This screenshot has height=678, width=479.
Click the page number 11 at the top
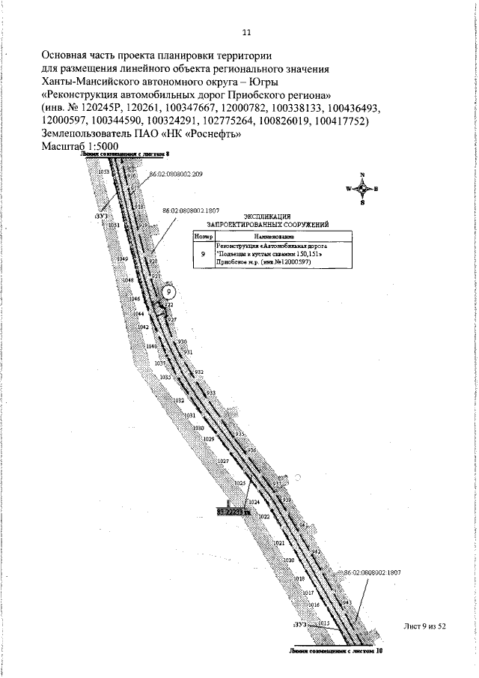tap(246, 32)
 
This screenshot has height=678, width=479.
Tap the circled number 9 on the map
tap(169, 291)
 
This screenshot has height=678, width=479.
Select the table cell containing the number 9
tap(204, 255)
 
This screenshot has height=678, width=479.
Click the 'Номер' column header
tap(204, 235)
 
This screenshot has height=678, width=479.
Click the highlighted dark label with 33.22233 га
tap(230, 510)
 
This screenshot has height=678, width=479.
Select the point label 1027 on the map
tap(223, 461)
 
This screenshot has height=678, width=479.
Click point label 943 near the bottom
tap(347, 602)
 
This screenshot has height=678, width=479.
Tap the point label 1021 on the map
tap(278, 542)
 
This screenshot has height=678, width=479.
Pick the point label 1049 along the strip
tap(123, 259)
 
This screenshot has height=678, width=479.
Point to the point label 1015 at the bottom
tap(324, 623)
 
